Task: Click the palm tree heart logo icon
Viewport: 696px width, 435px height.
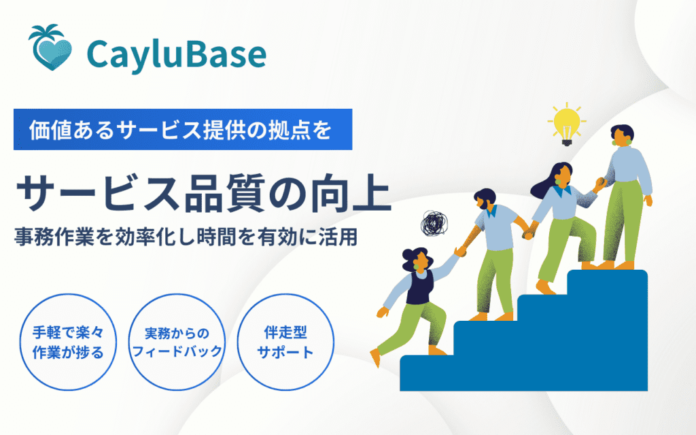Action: pyautogui.click(x=50, y=48)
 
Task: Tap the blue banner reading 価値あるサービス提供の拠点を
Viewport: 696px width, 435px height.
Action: pyautogui.click(x=183, y=129)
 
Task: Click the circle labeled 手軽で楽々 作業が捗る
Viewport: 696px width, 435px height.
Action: pyautogui.click(x=68, y=343)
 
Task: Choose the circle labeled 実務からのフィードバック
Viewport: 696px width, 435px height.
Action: pyautogui.click(x=177, y=343)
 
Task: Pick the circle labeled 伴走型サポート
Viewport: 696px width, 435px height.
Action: pyautogui.click(x=285, y=343)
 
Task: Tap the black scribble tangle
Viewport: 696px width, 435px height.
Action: pyautogui.click(x=434, y=223)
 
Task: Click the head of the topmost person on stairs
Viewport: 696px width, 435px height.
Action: pyautogui.click(x=621, y=135)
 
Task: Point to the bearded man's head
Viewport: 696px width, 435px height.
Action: pyautogui.click(x=485, y=199)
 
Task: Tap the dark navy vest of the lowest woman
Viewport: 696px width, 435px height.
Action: pyautogui.click(x=420, y=287)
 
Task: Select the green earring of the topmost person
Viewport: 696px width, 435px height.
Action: pyautogui.click(x=629, y=141)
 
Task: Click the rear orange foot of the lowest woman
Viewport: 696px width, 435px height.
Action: pyautogui.click(x=375, y=357)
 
